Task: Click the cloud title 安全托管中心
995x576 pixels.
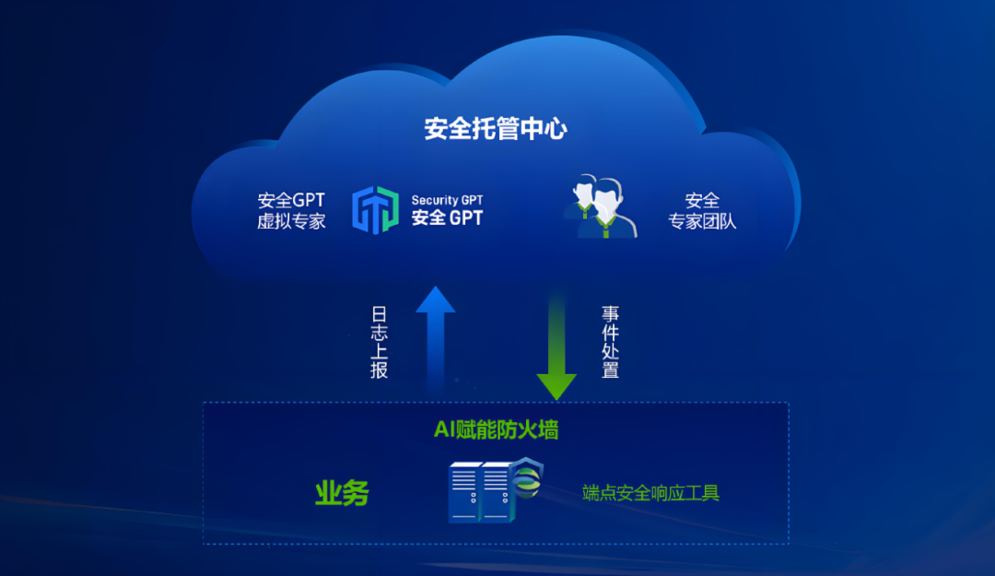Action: click(x=496, y=128)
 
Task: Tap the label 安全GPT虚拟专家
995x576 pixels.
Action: click(x=291, y=210)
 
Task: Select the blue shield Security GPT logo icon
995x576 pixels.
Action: click(x=376, y=210)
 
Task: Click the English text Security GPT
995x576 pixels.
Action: click(x=447, y=200)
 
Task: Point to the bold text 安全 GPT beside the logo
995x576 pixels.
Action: click(x=447, y=218)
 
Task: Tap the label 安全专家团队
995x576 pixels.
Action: click(x=702, y=210)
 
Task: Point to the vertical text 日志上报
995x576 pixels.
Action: click(x=379, y=342)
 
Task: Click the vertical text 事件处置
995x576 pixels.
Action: click(x=610, y=342)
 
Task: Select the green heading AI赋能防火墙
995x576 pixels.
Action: click(x=496, y=430)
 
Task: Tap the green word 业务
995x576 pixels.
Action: click(x=342, y=493)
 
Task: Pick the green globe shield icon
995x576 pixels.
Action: click(x=528, y=480)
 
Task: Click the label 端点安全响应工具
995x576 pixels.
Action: click(x=650, y=493)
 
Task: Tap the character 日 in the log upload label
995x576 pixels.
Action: click(x=379, y=312)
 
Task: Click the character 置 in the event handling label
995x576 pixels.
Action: click(x=610, y=370)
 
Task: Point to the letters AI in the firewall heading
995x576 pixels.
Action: click(x=443, y=430)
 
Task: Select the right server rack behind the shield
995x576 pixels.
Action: click(x=496, y=493)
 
